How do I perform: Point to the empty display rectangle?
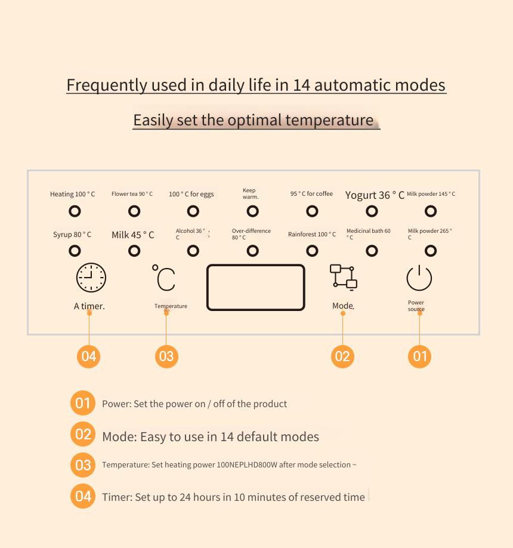208,287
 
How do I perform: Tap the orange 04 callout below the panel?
89,356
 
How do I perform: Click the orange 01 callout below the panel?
419,356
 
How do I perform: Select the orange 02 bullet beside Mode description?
83,434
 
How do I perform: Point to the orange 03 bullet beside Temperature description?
83,465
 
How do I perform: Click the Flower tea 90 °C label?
132,193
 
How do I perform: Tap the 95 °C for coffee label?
311,193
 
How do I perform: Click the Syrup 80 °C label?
72,234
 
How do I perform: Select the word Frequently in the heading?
107,85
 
